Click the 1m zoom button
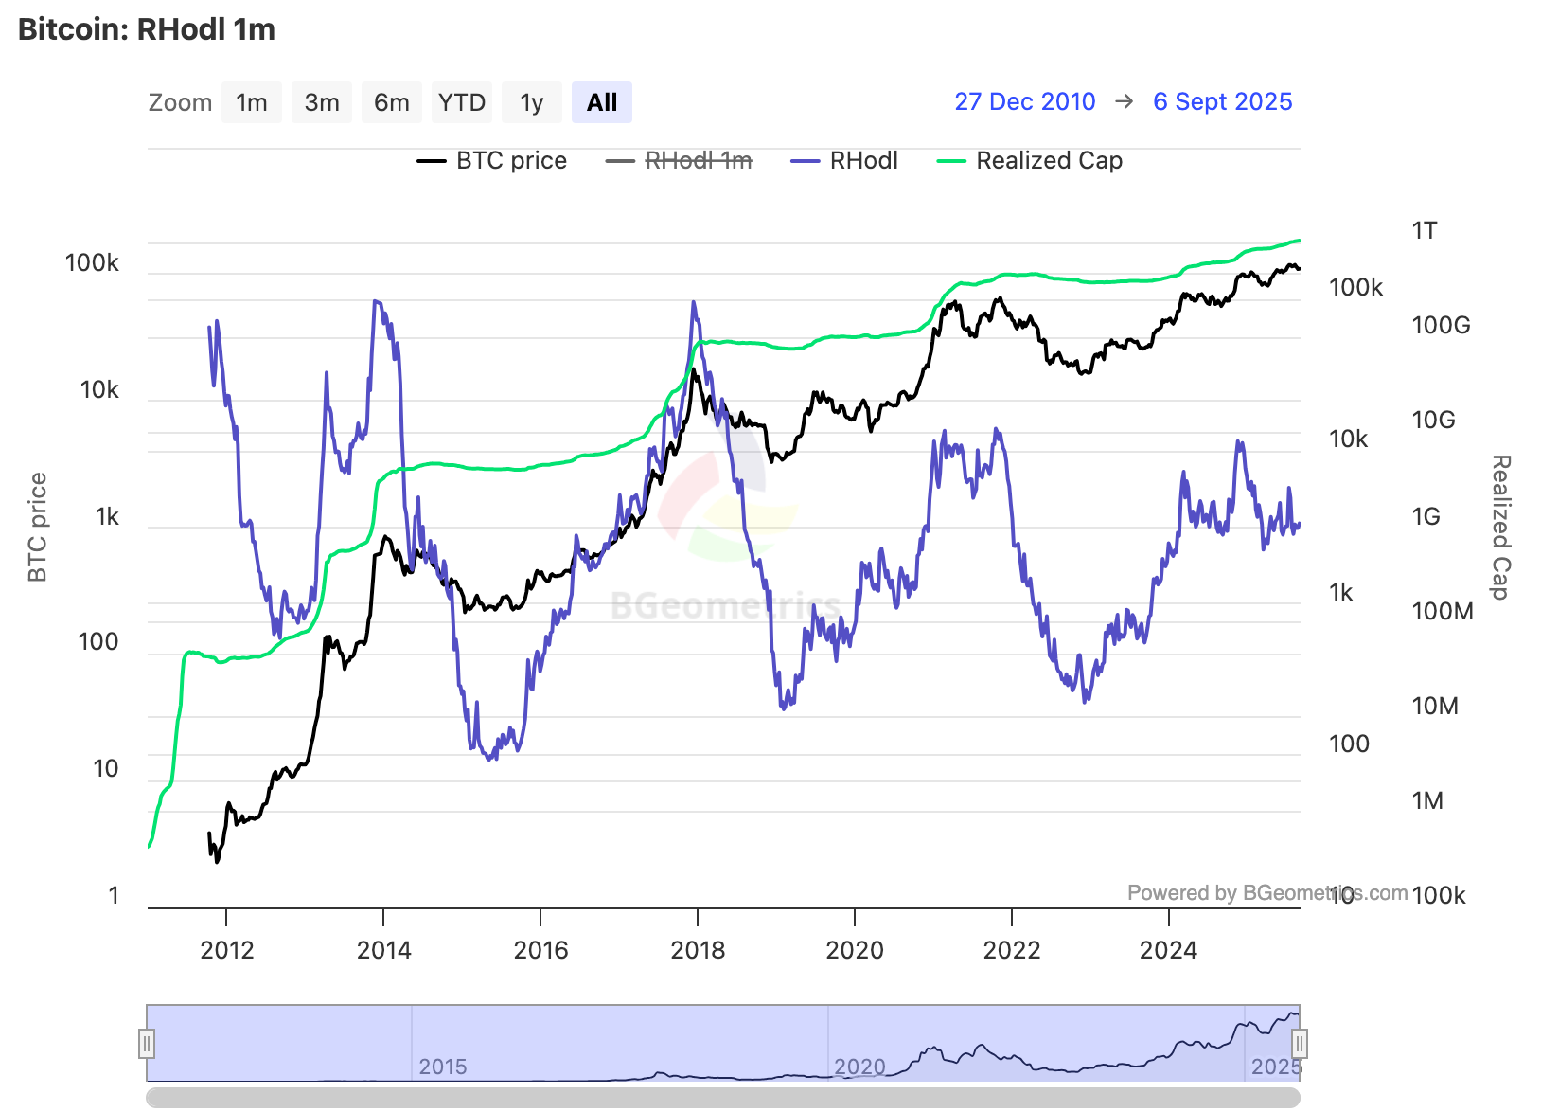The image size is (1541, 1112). pos(251,102)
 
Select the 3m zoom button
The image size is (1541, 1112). pos(322,102)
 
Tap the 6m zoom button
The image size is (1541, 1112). pos(391,102)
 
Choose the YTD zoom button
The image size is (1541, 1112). pos(462,102)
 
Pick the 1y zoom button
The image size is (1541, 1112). pos(531,102)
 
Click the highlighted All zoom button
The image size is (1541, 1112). pos(602,102)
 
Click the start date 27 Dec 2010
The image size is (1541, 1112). pos(1024,101)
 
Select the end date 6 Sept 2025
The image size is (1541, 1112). pos(1222,101)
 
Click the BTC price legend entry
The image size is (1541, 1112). pos(492,161)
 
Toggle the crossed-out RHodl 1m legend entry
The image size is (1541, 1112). pos(680,161)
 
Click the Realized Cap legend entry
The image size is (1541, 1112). pos(1030,161)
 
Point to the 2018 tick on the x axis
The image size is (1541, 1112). pos(698,949)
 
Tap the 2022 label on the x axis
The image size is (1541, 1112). pos(1012,949)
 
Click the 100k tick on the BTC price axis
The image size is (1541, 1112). pos(92,262)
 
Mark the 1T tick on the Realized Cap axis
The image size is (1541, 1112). pos(1424,230)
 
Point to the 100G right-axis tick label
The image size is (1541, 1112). pos(1441,325)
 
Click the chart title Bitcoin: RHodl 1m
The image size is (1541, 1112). pos(147,29)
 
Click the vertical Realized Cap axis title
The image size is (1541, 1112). pos(1500,527)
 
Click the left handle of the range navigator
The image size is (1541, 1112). pos(147,1044)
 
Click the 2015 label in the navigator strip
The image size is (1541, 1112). pos(443,1067)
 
